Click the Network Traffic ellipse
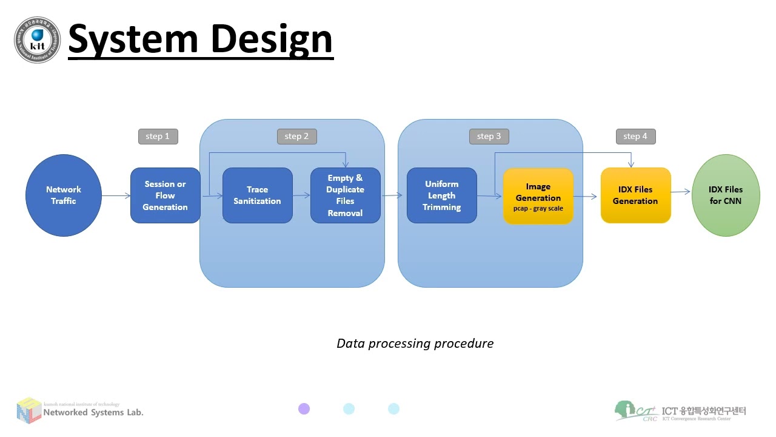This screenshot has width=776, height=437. point(63,195)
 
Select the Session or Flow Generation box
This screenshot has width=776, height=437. point(165,195)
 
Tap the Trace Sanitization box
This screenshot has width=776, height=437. point(257,195)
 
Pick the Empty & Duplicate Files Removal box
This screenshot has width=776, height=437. point(345,195)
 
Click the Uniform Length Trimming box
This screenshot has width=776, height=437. point(441,195)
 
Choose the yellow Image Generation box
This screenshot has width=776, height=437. point(538,195)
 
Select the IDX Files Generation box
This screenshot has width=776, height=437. point(635,195)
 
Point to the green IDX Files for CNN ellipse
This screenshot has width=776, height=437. point(725,195)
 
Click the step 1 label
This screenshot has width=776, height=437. point(158,137)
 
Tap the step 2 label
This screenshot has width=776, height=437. point(296,137)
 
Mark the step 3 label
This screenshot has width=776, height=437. point(489,137)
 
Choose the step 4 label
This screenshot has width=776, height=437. point(635,137)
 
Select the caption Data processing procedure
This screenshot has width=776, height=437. point(415,344)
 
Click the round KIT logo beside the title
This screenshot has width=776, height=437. point(37,40)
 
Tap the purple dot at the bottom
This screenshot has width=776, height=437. point(304,409)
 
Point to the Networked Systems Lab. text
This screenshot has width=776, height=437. point(93,413)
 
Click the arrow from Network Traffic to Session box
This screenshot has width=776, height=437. point(116,195)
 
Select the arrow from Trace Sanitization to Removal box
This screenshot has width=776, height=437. point(301,195)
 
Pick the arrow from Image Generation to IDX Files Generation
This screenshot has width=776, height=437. point(586,197)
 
